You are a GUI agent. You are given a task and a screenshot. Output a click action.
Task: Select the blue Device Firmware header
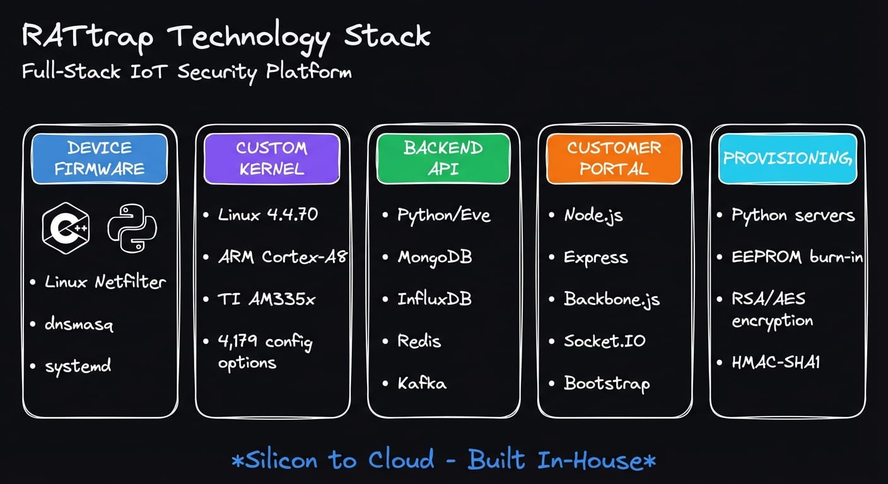point(99,158)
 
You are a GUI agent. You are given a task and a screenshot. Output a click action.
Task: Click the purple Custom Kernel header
point(271,158)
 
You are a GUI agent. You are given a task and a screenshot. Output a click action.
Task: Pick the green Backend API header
point(443,158)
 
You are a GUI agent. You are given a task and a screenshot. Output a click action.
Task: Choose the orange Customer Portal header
point(614,158)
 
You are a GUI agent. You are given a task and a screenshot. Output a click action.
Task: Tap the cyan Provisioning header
point(787,158)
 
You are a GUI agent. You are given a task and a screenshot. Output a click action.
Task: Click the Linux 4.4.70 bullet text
point(268,214)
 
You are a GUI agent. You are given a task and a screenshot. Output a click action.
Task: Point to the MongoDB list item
point(435,257)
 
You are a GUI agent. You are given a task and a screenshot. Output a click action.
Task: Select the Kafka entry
point(422,383)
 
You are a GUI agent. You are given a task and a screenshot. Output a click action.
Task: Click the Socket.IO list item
point(605,341)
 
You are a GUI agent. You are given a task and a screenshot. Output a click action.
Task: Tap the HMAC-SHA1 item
point(776,362)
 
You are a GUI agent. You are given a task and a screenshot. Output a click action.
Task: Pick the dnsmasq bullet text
point(79,324)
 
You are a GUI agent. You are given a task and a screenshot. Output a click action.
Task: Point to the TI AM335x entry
point(266,299)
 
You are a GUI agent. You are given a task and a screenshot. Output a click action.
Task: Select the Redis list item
point(419,341)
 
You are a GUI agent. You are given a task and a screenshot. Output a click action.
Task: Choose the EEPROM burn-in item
point(797,257)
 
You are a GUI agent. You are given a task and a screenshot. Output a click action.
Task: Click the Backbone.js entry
point(612,299)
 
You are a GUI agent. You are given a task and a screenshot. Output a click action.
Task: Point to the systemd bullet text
point(78,366)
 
